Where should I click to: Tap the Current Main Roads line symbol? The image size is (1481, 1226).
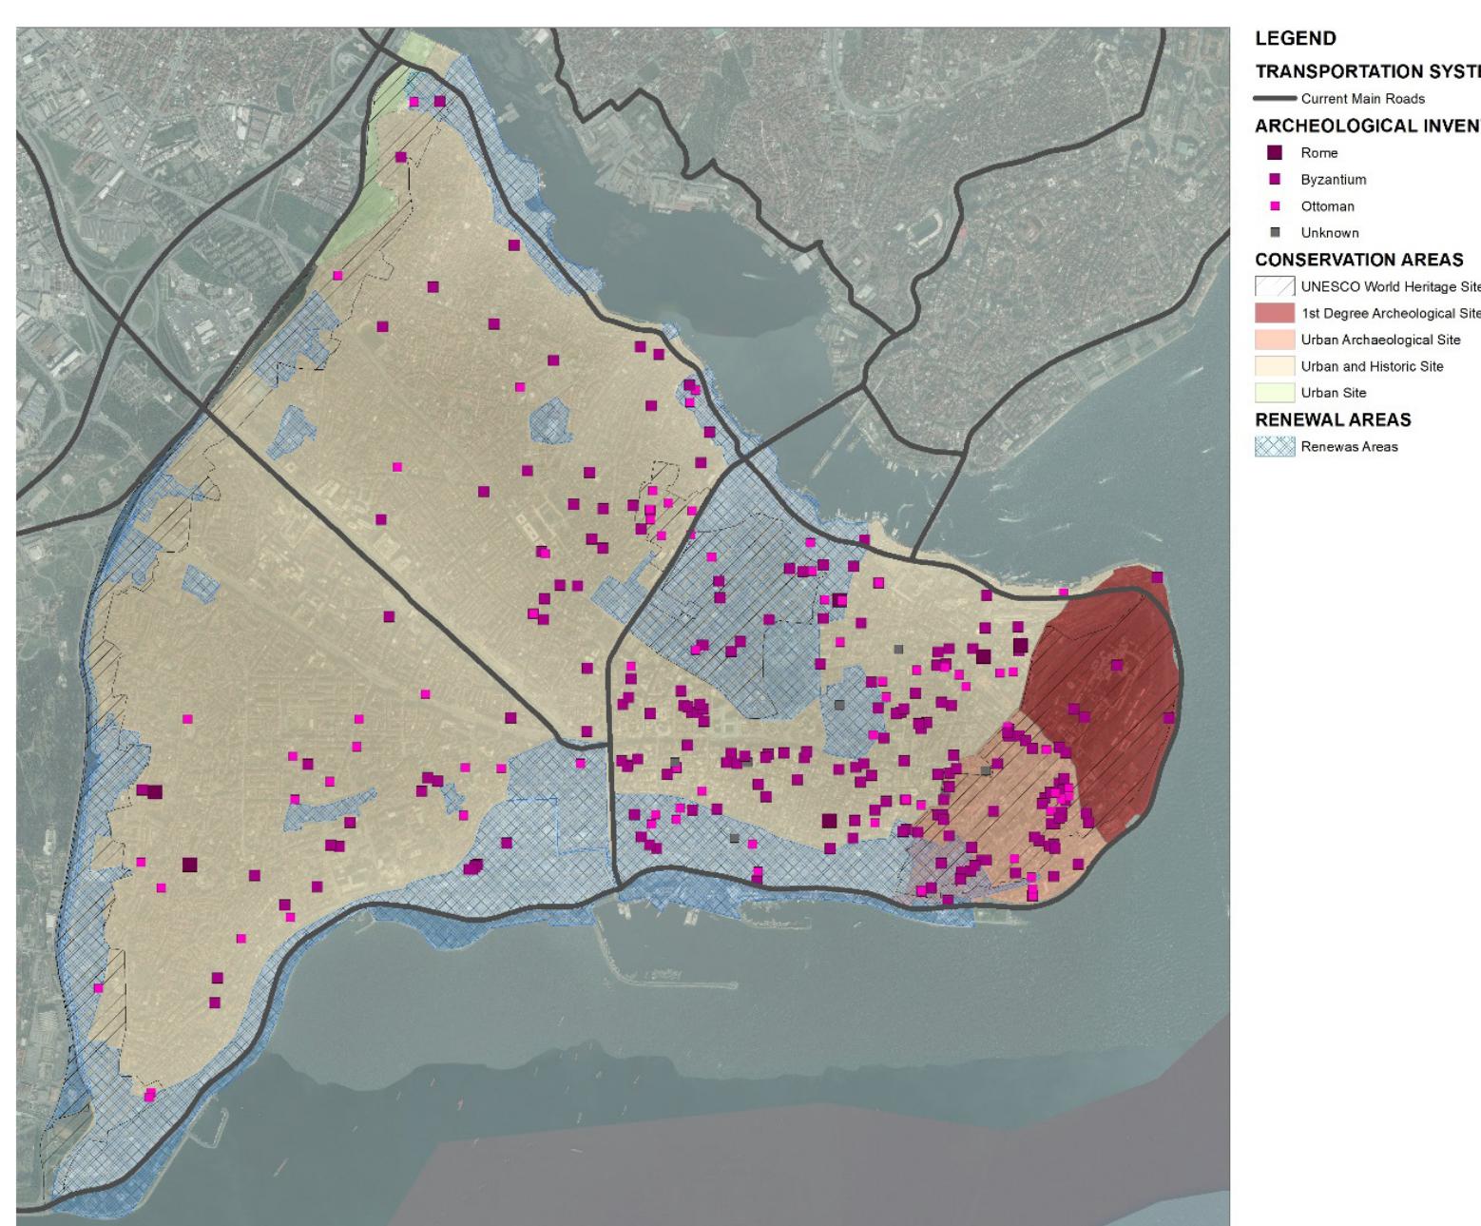(1275, 99)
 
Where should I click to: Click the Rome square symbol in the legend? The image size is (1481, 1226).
(1276, 152)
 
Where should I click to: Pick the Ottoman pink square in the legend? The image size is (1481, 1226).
(1276, 206)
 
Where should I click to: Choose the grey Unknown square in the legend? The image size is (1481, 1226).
(1276, 233)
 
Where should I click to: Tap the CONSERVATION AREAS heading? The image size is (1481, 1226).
(1358, 261)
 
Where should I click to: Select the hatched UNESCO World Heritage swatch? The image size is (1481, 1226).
(1275, 287)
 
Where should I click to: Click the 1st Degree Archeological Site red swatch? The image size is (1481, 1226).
(1275, 314)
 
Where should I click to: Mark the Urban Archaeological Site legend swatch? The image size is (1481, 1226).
(1275, 341)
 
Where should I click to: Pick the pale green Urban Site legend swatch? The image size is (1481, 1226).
(1275, 393)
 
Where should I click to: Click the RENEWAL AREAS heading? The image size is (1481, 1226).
(1333, 419)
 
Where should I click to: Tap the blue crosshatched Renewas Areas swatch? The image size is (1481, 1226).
(1275, 447)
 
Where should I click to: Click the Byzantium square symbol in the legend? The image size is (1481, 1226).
(1276, 180)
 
